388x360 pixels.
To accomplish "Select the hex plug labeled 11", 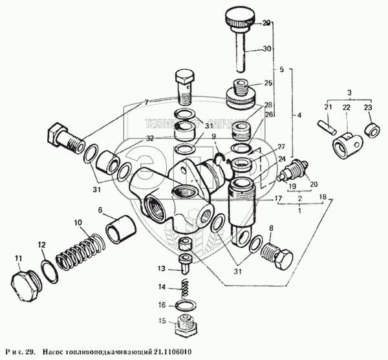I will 25,281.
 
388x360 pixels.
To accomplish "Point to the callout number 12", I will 41,245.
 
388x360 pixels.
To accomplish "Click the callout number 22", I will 347,107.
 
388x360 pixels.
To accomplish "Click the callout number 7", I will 146,102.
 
